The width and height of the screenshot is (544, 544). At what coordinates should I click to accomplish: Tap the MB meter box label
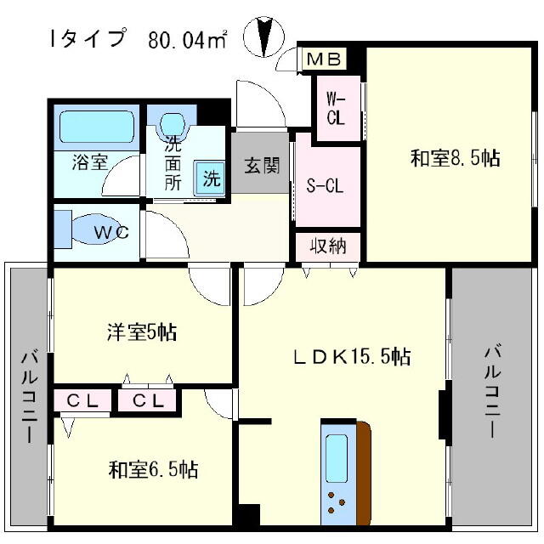[325, 59]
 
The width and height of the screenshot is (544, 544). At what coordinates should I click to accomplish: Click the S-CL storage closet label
[325, 186]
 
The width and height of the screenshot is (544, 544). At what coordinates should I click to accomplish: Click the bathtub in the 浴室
[97, 127]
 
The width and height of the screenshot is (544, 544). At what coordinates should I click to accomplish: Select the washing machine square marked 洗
[210, 178]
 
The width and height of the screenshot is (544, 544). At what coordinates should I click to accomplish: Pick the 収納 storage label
[328, 246]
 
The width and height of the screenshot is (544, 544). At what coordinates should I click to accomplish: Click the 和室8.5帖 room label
[455, 158]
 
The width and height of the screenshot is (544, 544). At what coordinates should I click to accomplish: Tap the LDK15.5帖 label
[352, 357]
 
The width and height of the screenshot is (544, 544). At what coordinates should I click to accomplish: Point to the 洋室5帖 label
[142, 332]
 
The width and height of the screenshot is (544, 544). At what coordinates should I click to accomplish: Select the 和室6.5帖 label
[153, 469]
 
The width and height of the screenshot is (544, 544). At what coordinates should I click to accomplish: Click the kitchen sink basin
[337, 458]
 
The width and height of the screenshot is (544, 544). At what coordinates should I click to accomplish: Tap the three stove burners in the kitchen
[337, 502]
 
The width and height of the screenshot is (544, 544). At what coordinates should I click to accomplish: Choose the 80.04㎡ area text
[188, 39]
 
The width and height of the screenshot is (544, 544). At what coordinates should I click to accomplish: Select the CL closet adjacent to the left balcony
[82, 400]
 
